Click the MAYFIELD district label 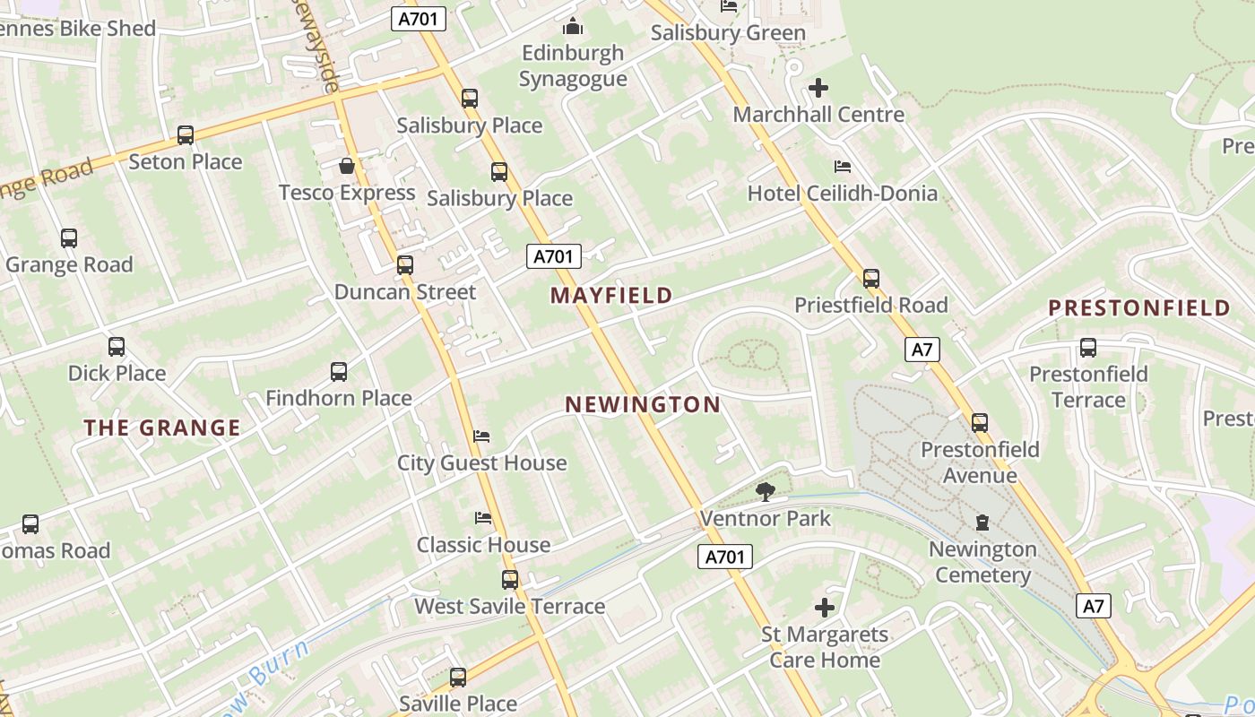[611, 296]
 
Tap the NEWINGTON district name [643, 405]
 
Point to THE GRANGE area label [162, 428]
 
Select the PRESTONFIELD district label [1139, 309]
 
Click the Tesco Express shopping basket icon [347, 166]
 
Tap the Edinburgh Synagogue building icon [573, 26]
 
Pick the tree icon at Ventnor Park [765, 490]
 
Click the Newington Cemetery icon [982, 522]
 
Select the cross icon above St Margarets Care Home [825, 608]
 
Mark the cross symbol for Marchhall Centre [818, 88]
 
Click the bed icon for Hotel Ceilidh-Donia [843, 167]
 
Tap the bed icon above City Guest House [481, 436]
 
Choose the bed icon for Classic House [483, 518]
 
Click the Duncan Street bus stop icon [405, 265]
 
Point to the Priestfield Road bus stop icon [871, 279]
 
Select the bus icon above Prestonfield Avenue [980, 422]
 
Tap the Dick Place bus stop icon [117, 347]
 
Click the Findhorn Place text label [339, 398]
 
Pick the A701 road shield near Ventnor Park [724, 557]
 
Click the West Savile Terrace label [510, 607]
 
